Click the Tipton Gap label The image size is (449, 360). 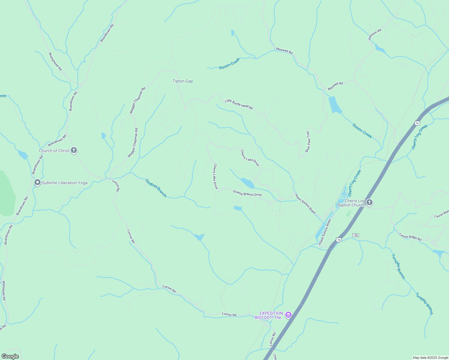tap(182, 81)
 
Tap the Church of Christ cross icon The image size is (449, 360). tap(74, 150)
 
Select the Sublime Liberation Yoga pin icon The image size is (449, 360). tap(37, 182)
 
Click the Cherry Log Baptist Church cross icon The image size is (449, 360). tap(369, 202)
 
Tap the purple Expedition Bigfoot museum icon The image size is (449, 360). tap(288, 315)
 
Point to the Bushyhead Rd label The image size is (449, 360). tap(55, 62)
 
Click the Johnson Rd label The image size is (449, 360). tap(375, 34)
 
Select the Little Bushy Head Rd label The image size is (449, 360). tap(239, 104)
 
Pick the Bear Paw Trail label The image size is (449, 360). tap(307, 142)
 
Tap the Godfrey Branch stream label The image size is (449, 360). tap(156, 188)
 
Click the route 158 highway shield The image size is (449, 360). tap(356, 235)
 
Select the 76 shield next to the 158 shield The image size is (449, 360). tap(339, 240)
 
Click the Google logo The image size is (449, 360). tap(10, 356)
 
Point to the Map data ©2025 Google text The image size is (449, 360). tap(430, 358)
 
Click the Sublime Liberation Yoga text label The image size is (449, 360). tap(65, 183)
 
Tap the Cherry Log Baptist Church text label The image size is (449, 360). tap(351, 203)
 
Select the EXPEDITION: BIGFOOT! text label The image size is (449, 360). tap(269, 315)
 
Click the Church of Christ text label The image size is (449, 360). tap(54, 151)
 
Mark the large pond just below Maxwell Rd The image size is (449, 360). tap(335, 105)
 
